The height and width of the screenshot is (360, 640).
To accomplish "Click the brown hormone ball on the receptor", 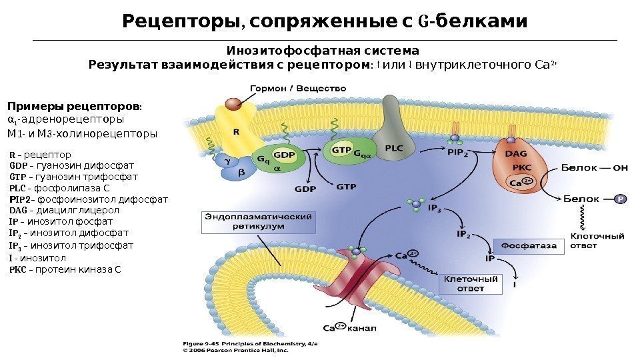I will (233, 105).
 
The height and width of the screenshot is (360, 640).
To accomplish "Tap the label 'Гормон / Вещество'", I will (298, 87).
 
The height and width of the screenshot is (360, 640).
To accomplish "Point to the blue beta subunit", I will (241, 173).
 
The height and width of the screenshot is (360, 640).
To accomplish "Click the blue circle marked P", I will (620, 199).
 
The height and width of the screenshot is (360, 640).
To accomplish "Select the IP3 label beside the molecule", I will (435, 209).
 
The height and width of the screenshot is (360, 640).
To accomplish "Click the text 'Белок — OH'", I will (595, 168).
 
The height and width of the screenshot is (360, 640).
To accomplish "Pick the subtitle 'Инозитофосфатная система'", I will (323, 51).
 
